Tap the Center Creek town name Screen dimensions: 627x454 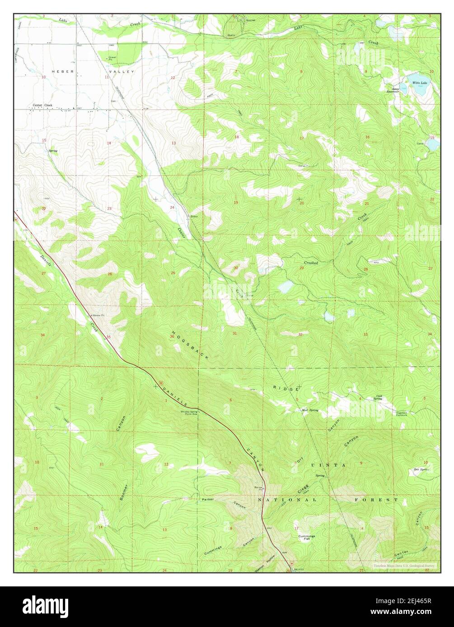[x=42, y=105]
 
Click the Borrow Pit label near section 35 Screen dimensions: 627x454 [x=98, y=315]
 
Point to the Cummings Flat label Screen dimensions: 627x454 [x=306, y=537]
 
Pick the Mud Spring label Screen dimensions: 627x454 [x=310, y=410]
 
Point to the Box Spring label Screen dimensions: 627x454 [x=420, y=470]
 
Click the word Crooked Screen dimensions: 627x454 [x=311, y=263]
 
